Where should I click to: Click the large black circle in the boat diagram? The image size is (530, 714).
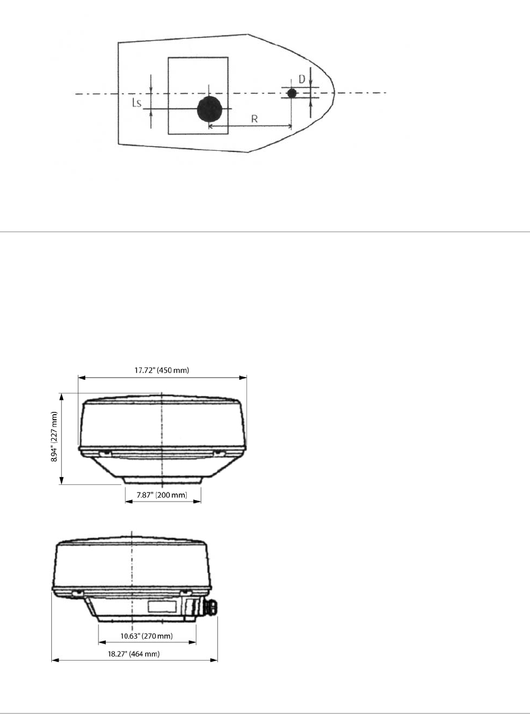210,109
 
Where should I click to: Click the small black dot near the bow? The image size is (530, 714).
292,93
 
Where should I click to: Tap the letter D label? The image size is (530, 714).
302,79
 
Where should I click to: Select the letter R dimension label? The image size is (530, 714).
254,119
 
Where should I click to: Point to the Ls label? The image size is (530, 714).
137,103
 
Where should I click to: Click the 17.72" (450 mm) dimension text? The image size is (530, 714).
161,370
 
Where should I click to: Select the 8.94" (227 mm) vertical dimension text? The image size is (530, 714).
55,437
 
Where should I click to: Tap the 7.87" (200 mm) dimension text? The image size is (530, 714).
162,495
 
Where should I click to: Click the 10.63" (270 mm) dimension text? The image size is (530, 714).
146,636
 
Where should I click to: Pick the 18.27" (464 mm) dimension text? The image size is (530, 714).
134,654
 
